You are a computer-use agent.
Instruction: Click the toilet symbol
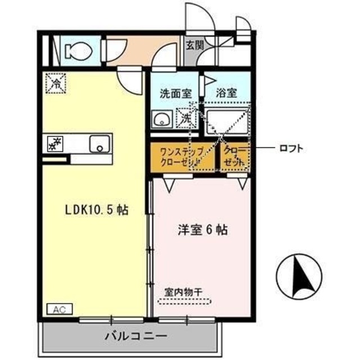pyautogui.click(x=74, y=50)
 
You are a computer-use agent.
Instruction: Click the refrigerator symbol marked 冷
pyautogui.click(x=56, y=84)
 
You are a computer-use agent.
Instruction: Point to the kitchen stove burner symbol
pyautogui.click(x=56, y=145)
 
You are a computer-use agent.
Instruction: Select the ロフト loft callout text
pyautogui.click(x=291, y=149)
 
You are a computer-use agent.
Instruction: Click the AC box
pyautogui.click(x=57, y=308)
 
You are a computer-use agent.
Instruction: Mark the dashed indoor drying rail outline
pyautogui.click(x=183, y=301)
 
